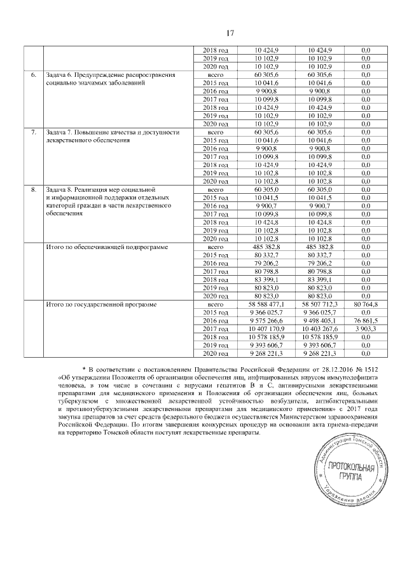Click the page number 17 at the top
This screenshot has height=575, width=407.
point(203,34)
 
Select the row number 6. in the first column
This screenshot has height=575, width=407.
point(32,75)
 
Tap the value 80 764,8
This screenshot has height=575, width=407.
point(366,304)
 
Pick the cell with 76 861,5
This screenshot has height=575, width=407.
point(366,321)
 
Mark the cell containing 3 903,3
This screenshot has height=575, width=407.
point(366,329)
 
